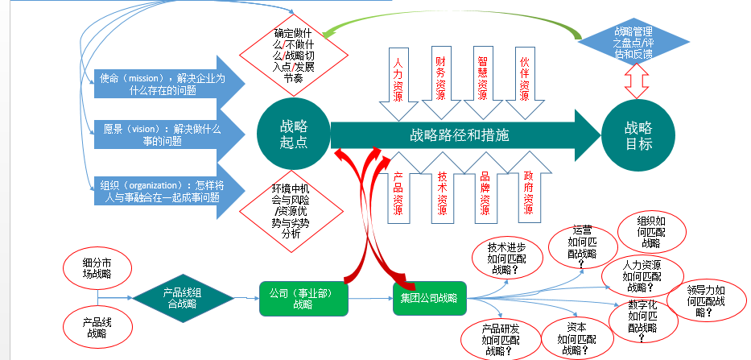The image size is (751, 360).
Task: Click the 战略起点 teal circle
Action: (293, 134)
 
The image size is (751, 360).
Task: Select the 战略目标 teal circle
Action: (638, 134)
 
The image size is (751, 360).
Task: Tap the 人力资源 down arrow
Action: (398, 79)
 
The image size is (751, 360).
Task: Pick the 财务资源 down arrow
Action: (441, 77)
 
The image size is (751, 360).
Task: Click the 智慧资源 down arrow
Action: (482, 77)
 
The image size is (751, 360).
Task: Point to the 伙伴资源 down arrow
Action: (525, 77)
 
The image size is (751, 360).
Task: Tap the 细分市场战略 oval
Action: (97, 268)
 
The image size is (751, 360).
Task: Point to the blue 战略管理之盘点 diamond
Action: (625, 42)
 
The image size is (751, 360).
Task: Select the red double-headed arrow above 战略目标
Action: (638, 81)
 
